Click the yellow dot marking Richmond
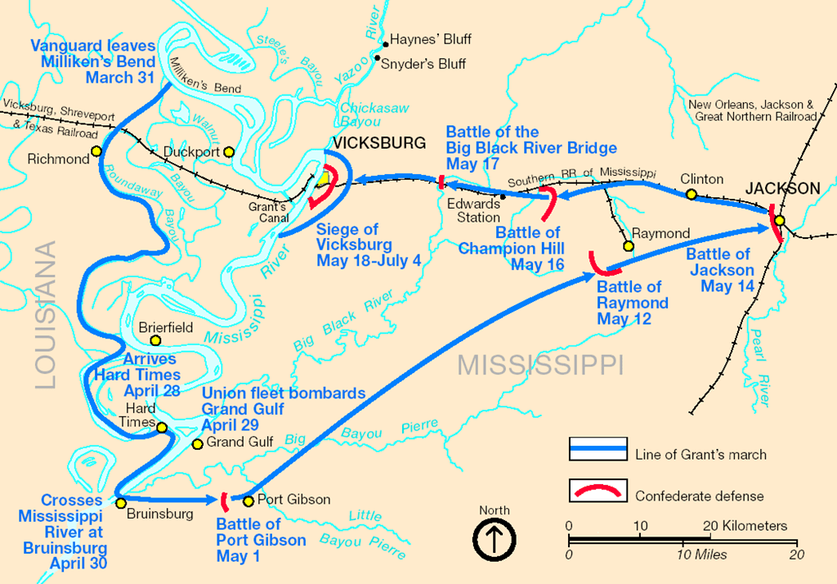(x=96, y=150)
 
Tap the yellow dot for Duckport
(x=229, y=151)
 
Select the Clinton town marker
(x=691, y=195)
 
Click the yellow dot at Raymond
(x=629, y=245)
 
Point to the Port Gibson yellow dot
(x=248, y=501)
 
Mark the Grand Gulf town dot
(x=196, y=444)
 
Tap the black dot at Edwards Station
(x=503, y=196)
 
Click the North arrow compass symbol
(x=494, y=541)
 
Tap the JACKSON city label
(x=781, y=189)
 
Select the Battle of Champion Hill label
(x=510, y=249)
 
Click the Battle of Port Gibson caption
(x=261, y=541)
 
